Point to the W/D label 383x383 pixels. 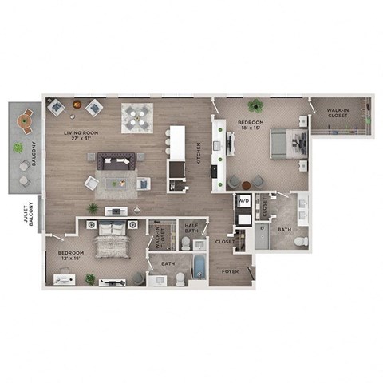pos(243,202)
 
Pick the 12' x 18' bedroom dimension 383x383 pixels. pos(70,259)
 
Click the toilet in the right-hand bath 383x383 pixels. pos(300,242)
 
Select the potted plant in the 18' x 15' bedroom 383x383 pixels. pos(256,105)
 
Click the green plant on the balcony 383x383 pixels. pos(18,148)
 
